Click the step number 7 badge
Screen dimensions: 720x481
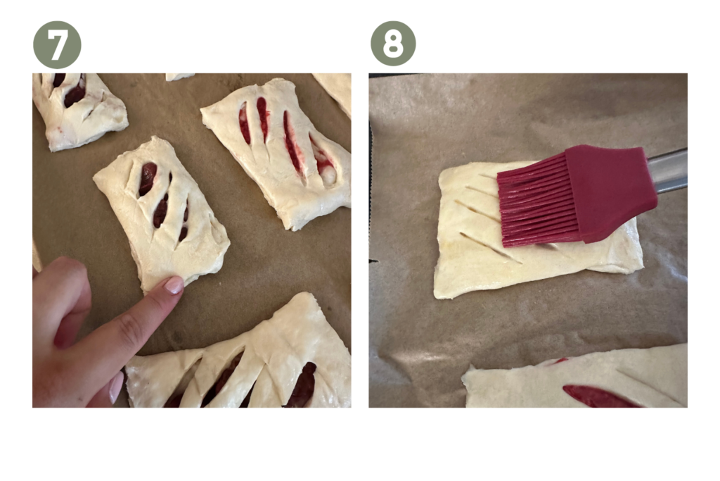click(x=57, y=44)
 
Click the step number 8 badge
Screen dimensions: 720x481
click(x=393, y=44)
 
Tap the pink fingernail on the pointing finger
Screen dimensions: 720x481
click(x=174, y=285)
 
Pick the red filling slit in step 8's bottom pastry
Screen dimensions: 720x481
click(x=597, y=396)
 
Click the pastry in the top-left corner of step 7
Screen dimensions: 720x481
click(x=78, y=111)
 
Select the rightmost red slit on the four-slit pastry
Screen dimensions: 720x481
click(x=322, y=161)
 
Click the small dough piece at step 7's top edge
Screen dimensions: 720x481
click(x=179, y=77)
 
